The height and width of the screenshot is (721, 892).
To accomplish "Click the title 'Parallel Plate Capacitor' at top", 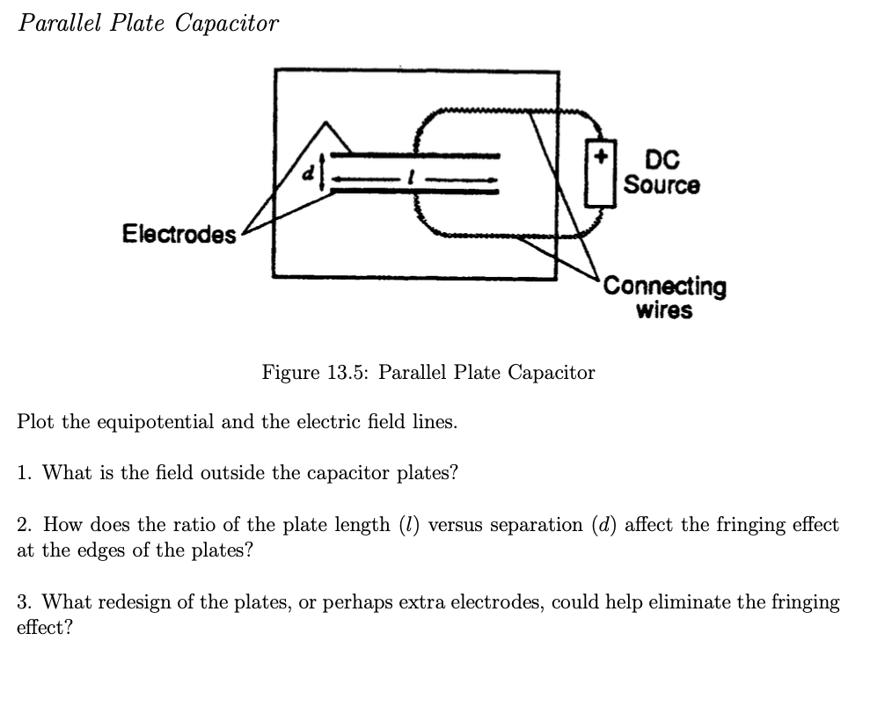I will [x=149, y=24].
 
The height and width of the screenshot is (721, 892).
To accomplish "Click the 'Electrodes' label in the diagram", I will [x=179, y=235].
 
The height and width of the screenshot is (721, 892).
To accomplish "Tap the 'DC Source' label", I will [x=662, y=173].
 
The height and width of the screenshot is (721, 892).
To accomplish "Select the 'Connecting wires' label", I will [x=665, y=298].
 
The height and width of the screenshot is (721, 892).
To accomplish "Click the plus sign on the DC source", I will [x=602, y=157].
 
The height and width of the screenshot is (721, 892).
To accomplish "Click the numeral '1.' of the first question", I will [x=26, y=473].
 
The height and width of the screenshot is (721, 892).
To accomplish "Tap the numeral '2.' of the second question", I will [x=26, y=525].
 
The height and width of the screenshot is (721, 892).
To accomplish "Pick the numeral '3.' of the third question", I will [x=26, y=602].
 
